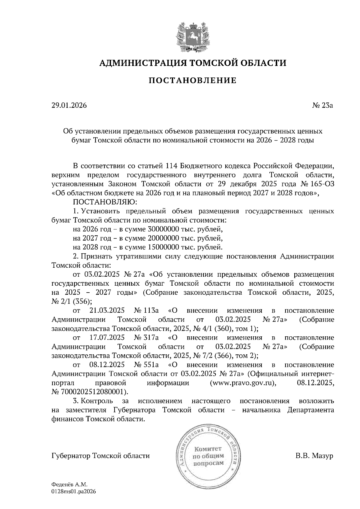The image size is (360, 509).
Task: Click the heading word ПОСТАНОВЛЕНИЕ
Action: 193,80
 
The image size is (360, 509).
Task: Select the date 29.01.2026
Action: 69,106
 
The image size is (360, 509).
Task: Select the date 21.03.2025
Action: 107,311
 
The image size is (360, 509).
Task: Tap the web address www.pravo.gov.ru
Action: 242,383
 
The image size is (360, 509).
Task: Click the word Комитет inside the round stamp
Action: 208,449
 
